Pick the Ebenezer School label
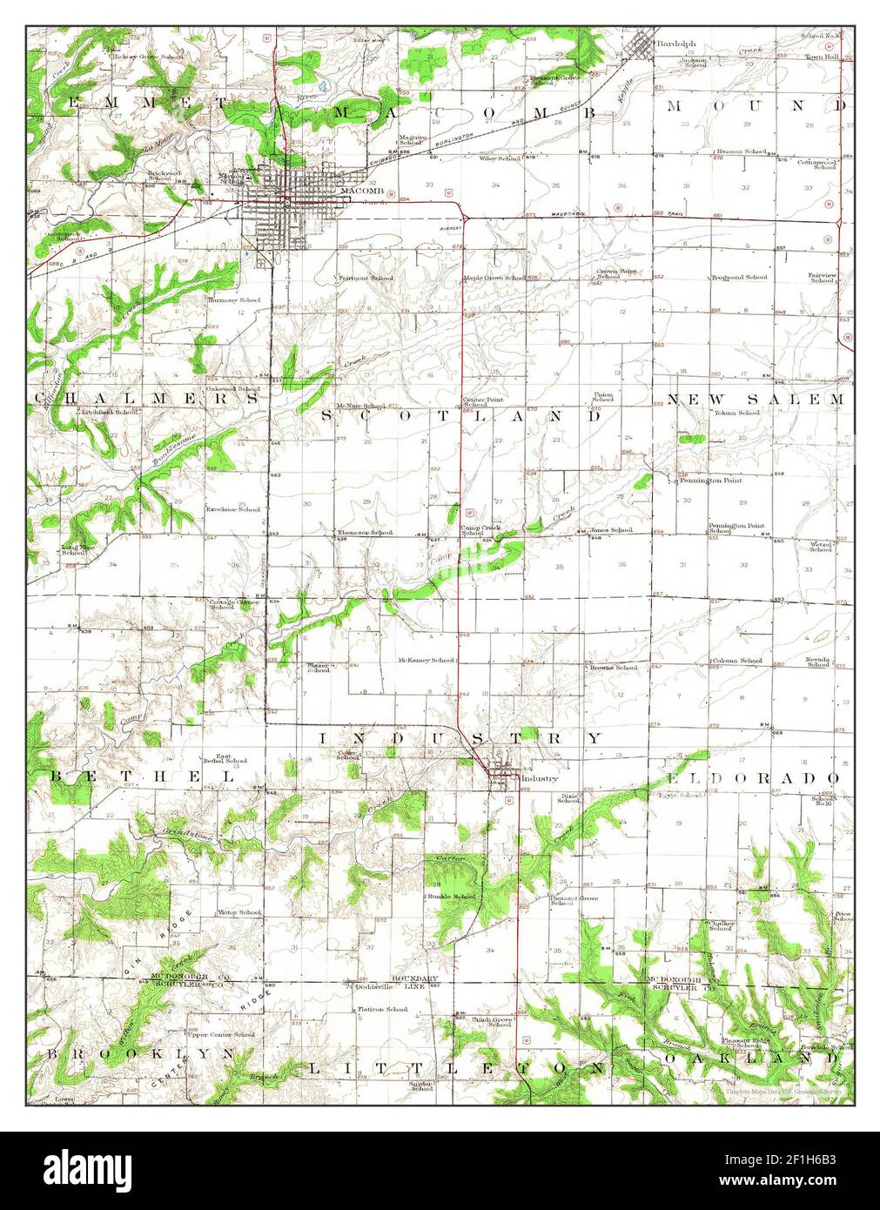pos(366,532)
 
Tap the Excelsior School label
pos(232,509)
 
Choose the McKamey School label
pos(426,660)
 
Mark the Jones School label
pos(611,530)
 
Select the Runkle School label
pos(451,896)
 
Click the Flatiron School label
pos(383,1009)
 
